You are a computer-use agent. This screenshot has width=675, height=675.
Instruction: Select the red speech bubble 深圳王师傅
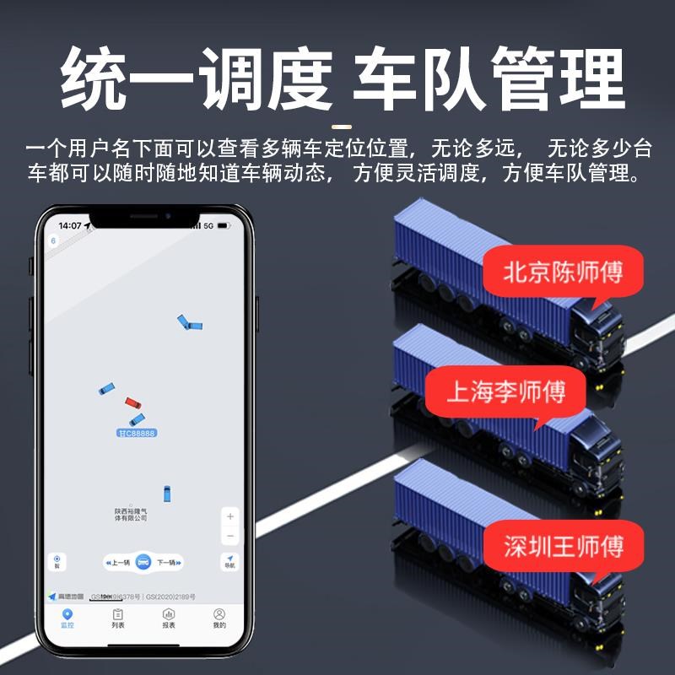pos(564,547)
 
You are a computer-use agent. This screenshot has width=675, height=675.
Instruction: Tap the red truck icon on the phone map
pos(131,402)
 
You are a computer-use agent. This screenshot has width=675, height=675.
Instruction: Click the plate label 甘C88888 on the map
pos(137,433)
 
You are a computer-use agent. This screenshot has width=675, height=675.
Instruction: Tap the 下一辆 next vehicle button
pos(166,563)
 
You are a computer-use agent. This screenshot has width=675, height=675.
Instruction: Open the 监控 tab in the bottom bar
pos(67,618)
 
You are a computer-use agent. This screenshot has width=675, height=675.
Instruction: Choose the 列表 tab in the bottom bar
pos(118,618)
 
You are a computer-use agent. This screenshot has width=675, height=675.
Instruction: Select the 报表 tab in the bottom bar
pos(169,618)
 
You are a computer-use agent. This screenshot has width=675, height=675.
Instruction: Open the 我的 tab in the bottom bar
pos(219,618)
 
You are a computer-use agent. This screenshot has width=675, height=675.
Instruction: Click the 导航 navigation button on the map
pos(229,561)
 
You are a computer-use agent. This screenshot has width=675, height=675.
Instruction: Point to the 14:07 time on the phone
pos(71,226)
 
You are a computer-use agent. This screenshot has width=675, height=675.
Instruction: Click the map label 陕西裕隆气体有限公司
pos(131,514)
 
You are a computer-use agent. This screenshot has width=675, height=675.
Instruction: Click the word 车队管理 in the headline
pos(489,80)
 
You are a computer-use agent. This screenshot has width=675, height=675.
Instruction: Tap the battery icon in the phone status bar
pos(224,226)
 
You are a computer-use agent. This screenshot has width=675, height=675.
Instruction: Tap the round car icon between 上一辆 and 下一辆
pos(143,563)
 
